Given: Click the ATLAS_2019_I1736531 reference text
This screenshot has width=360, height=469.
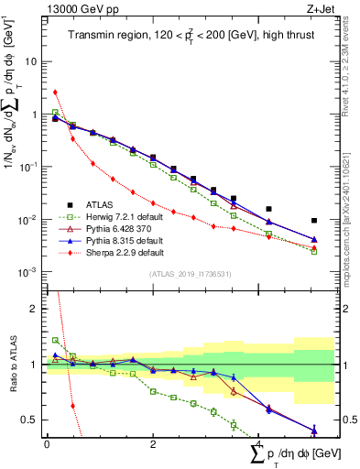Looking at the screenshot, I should (190, 274).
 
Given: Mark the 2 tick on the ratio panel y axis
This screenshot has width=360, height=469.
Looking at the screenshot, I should (37, 309).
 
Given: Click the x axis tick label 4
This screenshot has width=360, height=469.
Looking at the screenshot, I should (260, 442).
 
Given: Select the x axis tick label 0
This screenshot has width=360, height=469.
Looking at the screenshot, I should (47, 442).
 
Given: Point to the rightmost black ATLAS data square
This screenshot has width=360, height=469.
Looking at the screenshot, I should (314, 221).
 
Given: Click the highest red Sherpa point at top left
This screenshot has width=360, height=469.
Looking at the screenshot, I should (56, 92).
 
